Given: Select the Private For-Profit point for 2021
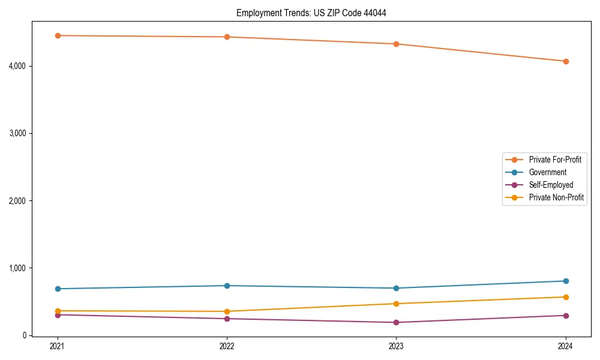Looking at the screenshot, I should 58,35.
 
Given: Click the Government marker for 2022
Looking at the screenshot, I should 227,286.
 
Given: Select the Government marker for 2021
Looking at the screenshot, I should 58,289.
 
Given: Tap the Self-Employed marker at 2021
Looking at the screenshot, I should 58,315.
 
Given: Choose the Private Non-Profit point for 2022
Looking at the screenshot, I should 227,311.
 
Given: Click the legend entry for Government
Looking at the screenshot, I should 547,172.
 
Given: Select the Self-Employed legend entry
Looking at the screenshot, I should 551,185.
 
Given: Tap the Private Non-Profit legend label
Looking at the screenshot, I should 556,197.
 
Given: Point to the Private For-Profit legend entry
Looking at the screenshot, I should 555,160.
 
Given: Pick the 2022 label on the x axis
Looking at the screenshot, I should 227,346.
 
